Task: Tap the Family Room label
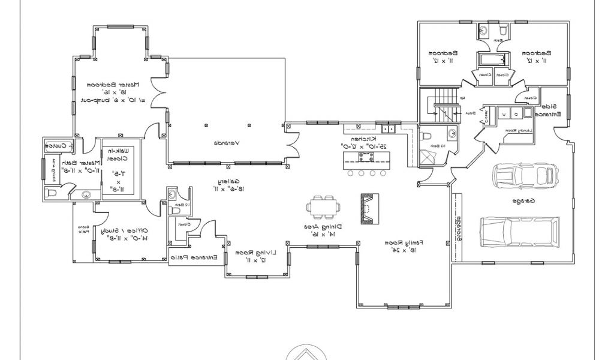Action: click(x=407, y=245)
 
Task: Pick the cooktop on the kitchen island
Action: click(x=365, y=157)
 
